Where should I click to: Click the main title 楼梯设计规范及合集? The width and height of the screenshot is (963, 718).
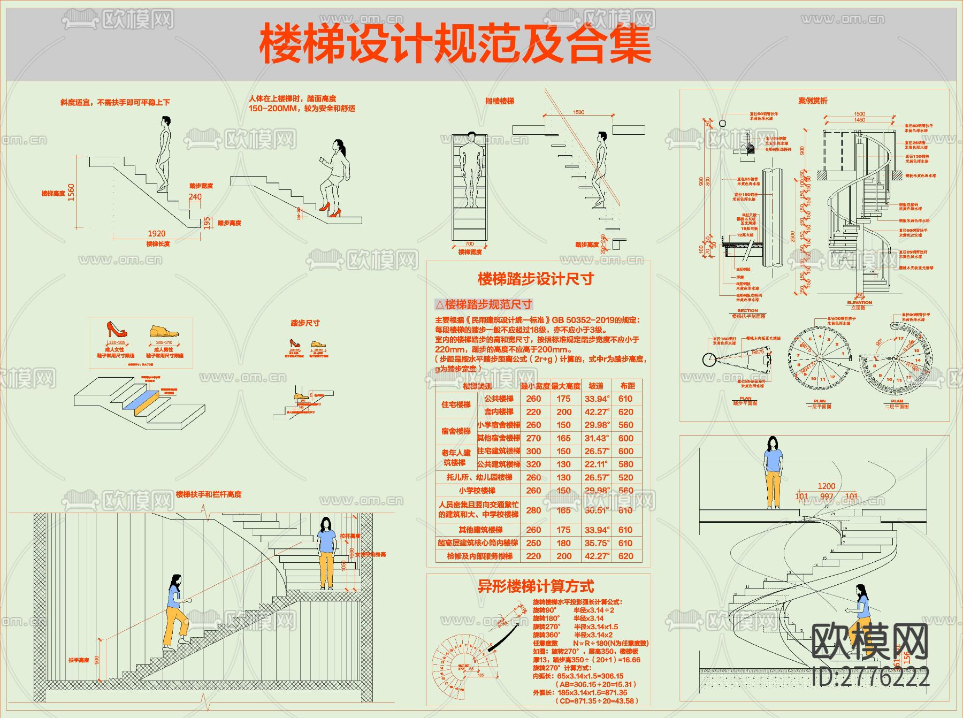coord(455,44)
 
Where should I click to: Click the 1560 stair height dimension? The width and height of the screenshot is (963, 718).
coord(71,192)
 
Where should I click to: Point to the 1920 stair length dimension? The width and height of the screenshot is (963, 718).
coord(156,233)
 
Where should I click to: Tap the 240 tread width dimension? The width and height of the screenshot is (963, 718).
coord(195,196)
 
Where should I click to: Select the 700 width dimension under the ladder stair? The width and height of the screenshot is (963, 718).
coord(469,244)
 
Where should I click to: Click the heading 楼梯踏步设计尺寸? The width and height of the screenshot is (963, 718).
coord(536,279)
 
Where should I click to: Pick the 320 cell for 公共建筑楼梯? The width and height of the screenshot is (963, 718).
coord(533,464)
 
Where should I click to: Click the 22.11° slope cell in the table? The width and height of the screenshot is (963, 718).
coord(596,464)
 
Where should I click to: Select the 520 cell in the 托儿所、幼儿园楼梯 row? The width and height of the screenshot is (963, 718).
coord(625,477)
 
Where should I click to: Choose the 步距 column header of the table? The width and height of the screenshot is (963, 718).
coord(628,386)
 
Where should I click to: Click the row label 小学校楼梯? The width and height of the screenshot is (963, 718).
coord(477,491)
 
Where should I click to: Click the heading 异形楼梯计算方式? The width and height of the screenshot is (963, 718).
coord(536,586)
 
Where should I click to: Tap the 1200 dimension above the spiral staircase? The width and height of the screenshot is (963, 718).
coord(826,486)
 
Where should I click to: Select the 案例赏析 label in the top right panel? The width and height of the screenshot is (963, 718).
coord(813,101)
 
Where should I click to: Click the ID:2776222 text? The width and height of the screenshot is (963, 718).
coord(871,677)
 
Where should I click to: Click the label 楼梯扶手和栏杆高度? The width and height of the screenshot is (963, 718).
coord(209,494)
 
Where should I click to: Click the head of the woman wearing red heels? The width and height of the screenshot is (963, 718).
coord(338,145)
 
